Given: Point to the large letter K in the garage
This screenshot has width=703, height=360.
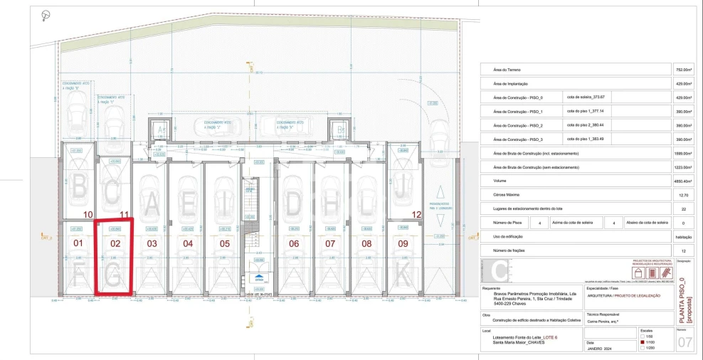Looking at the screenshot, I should pos(403,272).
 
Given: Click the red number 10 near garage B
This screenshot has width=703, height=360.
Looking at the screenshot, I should pos(88,214).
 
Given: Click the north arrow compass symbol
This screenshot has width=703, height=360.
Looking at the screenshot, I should pos(46,14).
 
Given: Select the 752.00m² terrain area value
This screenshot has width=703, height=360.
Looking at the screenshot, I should pos(683,70).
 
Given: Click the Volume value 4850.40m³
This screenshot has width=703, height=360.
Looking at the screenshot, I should pos(683,181).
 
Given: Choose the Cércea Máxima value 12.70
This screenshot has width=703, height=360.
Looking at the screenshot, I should pos(683,194).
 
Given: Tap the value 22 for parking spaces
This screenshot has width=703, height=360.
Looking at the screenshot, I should pos(683,208).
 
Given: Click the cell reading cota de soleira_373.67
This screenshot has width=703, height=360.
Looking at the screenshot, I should pos(585,97).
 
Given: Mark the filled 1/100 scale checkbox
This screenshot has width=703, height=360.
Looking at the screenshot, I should pos(644,342).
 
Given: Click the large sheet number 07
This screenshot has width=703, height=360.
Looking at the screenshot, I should pos(684,343).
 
